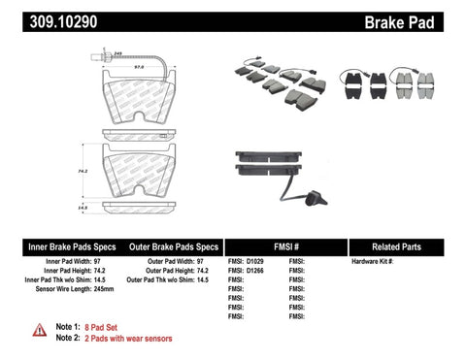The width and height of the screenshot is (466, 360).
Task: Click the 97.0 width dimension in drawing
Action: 139,67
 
